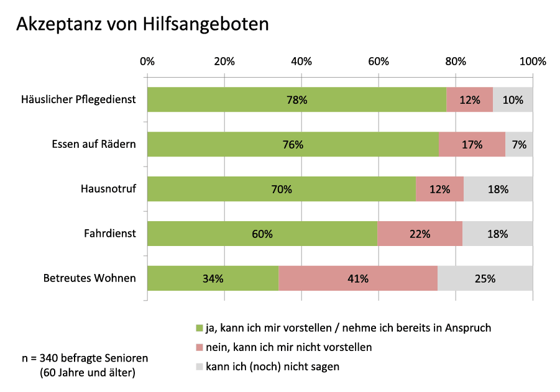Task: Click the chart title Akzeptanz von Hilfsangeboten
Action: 142,24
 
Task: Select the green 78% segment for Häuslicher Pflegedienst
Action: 296,99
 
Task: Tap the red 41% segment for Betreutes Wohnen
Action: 358,278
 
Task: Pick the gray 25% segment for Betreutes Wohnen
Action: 485,278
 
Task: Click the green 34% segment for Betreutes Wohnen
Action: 213,278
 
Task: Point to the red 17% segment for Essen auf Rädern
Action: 472,145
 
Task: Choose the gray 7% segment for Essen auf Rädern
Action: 519,145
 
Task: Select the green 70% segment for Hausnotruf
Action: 281,189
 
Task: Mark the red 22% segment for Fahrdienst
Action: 420,234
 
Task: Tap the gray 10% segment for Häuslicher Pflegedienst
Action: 513,99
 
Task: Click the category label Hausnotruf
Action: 108,189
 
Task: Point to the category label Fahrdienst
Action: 110,234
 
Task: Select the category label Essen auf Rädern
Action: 94,145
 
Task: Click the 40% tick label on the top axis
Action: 301,62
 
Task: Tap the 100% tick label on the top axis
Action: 532,62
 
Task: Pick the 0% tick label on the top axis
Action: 147,62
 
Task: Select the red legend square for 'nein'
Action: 200,347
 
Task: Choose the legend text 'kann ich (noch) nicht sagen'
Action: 272,367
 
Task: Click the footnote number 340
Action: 48,358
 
